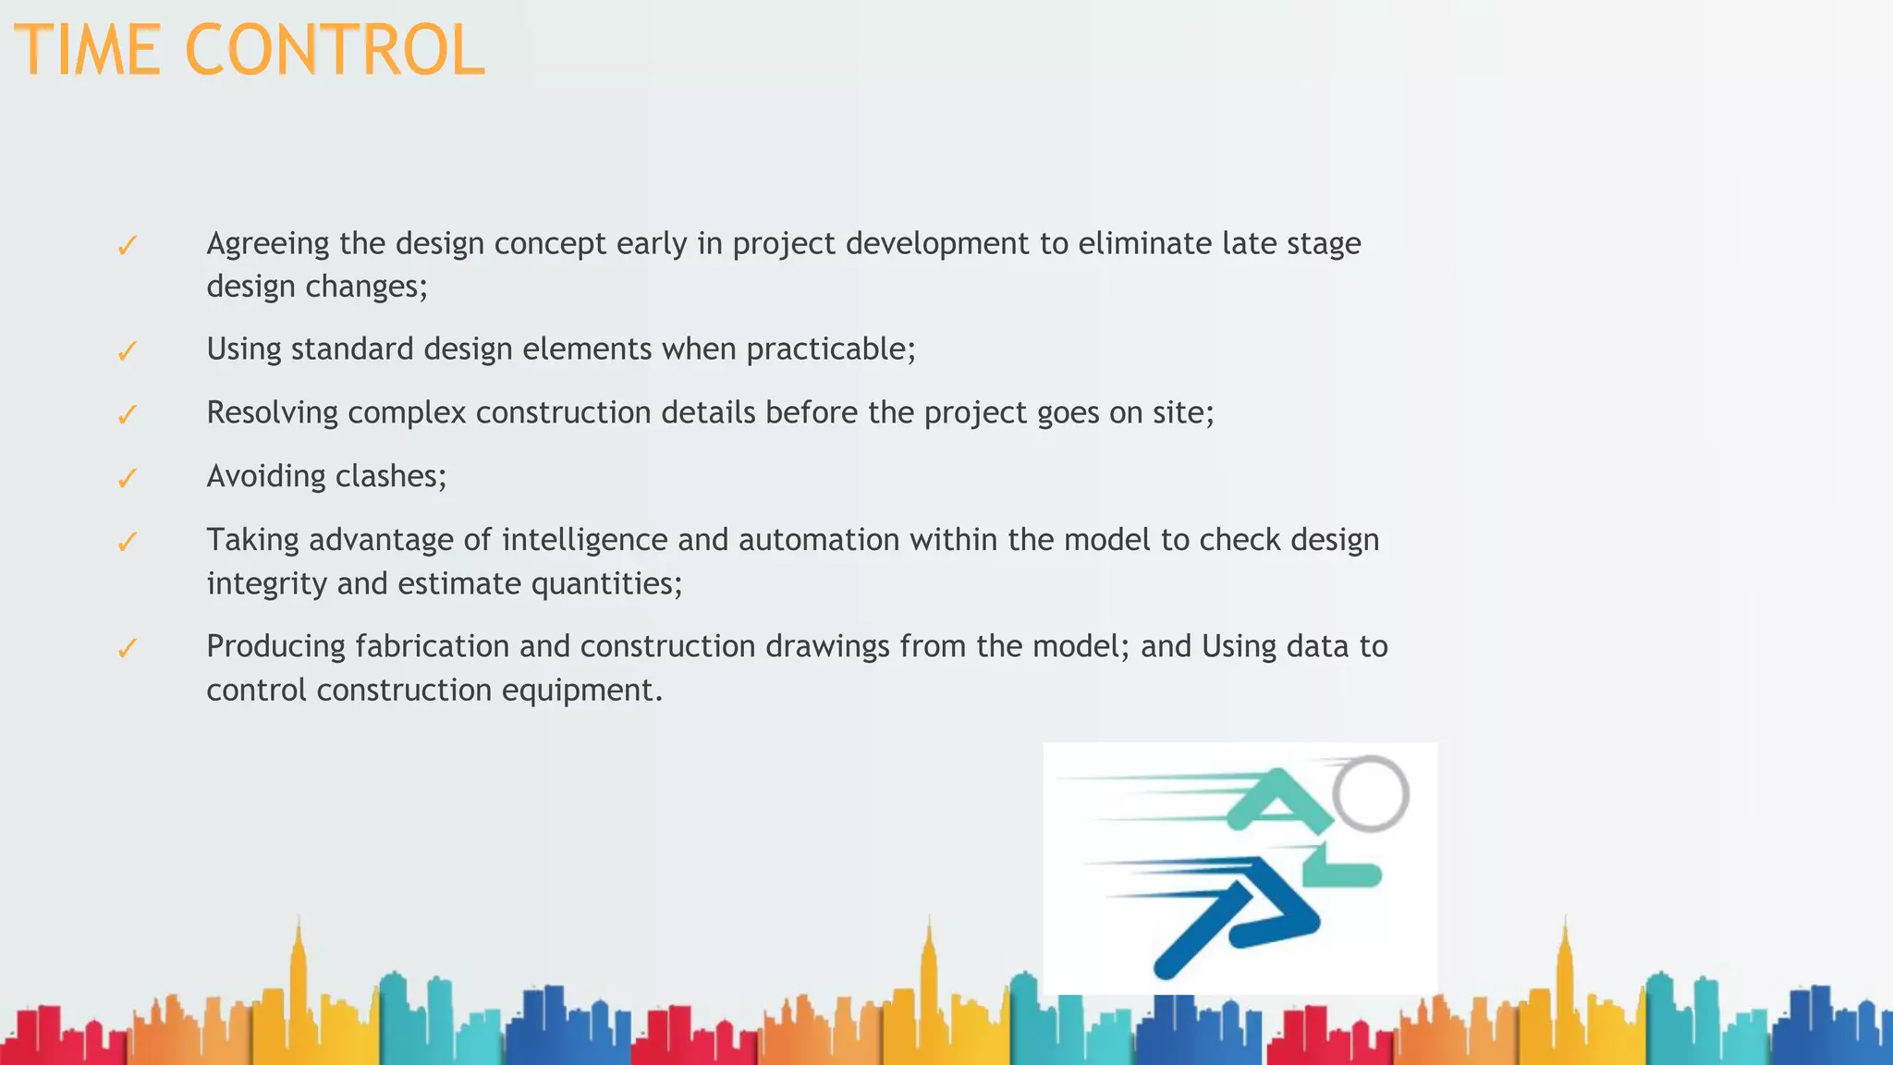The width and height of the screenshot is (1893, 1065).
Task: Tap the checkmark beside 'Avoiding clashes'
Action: point(128,478)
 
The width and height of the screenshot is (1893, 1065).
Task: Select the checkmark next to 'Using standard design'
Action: point(128,351)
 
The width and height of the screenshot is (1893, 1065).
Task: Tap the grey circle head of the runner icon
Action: point(1372,793)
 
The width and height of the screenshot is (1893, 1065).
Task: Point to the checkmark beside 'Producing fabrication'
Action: point(128,648)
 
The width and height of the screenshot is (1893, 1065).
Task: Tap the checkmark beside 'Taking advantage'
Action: point(128,542)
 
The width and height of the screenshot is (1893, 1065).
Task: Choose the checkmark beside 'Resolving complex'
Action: point(128,414)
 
